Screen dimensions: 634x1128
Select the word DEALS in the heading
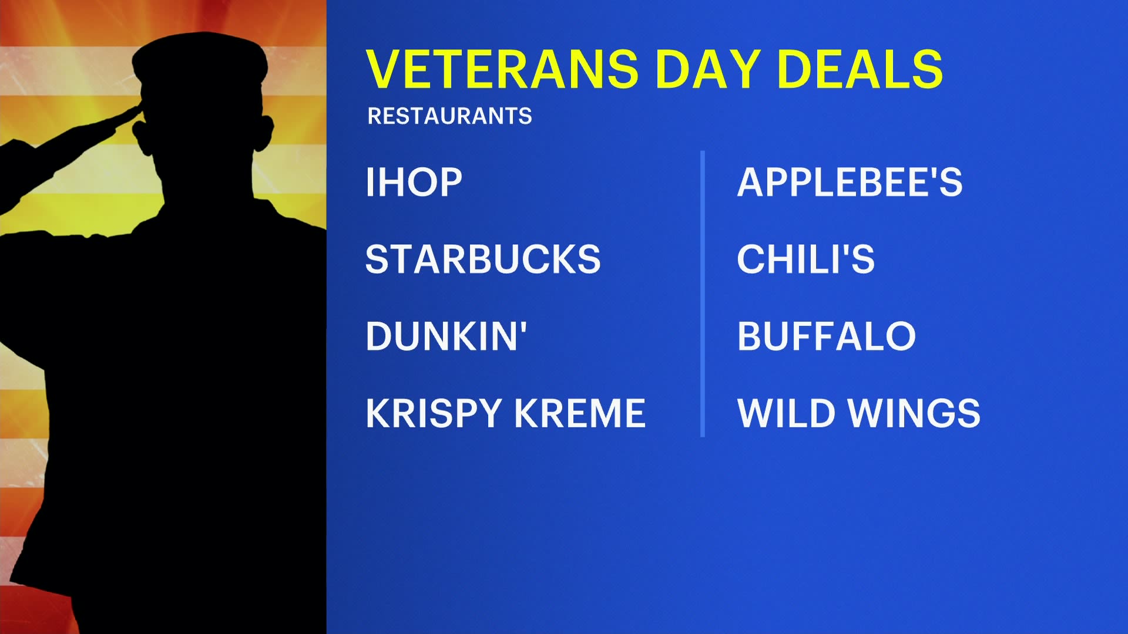(x=860, y=69)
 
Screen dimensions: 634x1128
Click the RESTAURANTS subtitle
(x=449, y=116)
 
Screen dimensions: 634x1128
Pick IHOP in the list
(x=414, y=182)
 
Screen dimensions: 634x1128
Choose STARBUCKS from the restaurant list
(x=483, y=259)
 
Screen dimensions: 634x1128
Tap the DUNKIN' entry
(x=446, y=336)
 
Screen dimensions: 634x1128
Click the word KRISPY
(x=433, y=413)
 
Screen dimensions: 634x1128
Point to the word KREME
(x=580, y=413)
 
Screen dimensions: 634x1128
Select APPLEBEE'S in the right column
(x=850, y=182)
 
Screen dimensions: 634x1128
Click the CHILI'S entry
(x=805, y=259)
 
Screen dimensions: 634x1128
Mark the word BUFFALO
(x=826, y=336)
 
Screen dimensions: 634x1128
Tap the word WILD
(x=786, y=413)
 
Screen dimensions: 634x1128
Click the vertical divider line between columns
(x=703, y=294)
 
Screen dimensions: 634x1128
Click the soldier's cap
(x=200, y=59)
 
